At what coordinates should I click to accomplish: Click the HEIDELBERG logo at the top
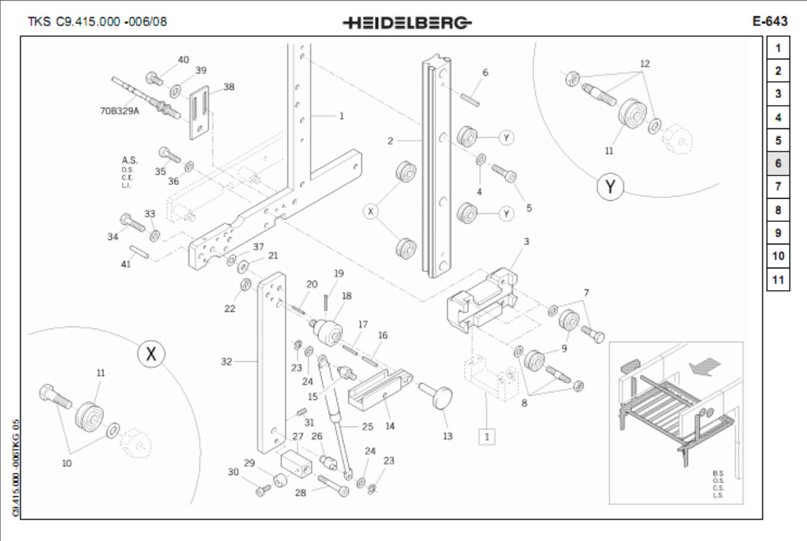tap(407, 22)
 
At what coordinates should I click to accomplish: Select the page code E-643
tap(769, 21)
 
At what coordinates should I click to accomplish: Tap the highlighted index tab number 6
tap(777, 163)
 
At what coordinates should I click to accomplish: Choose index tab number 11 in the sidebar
tap(777, 279)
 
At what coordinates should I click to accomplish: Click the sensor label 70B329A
tap(120, 112)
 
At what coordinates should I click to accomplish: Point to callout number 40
tap(183, 59)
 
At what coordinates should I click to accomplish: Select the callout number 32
tap(226, 361)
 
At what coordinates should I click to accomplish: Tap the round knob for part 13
tap(440, 397)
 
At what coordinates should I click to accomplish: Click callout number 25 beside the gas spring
tap(367, 426)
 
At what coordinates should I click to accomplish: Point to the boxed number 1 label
tap(487, 437)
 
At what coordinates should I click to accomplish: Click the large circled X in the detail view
tap(151, 355)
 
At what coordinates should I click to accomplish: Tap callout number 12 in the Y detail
tap(644, 64)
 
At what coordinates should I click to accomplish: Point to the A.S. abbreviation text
tap(130, 159)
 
